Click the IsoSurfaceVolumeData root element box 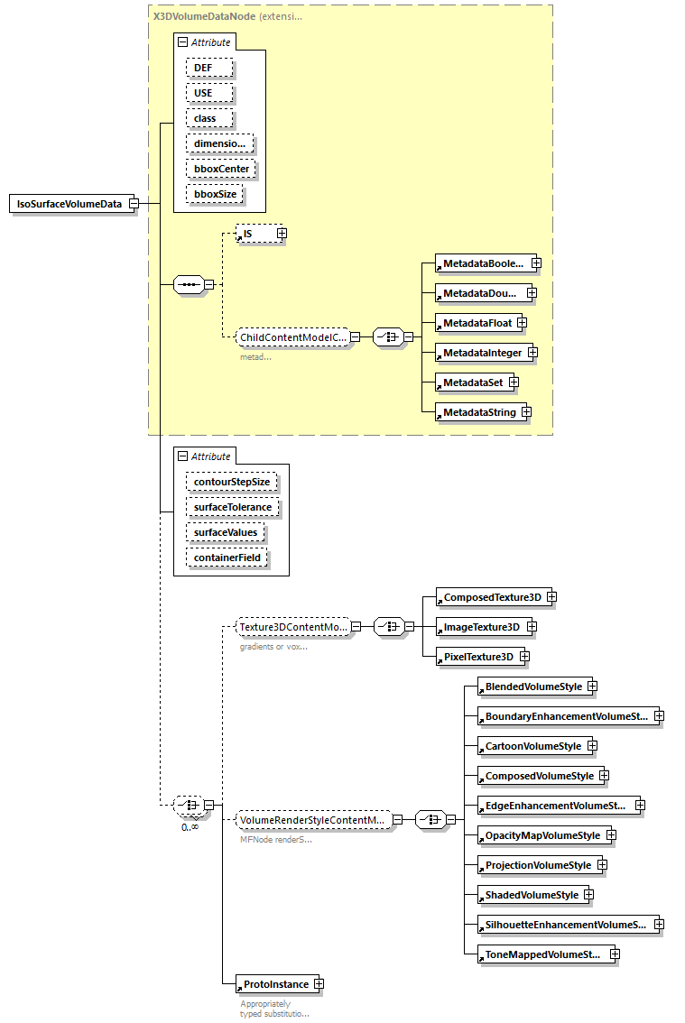[x=69, y=204]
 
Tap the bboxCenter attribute [x=220, y=169]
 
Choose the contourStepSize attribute [x=232, y=482]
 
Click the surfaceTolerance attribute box [x=233, y=507]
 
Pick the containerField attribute [x=227, y=558]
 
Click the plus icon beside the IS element [x=282, y=234]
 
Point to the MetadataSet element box [x=471, y=382]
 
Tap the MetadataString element [x=478, y=412]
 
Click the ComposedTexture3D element [x=491, y=597]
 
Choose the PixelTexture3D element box [x=477, y=657]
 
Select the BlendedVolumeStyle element [x=532, y=687]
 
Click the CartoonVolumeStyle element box [x=532, y=746]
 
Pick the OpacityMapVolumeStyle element [x=542, y=835]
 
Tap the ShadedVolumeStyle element [x=531, y=895]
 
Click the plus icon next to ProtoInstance [x=318, y=984]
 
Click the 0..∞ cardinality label [x=190, y=826]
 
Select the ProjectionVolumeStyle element [x=537, y=865]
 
